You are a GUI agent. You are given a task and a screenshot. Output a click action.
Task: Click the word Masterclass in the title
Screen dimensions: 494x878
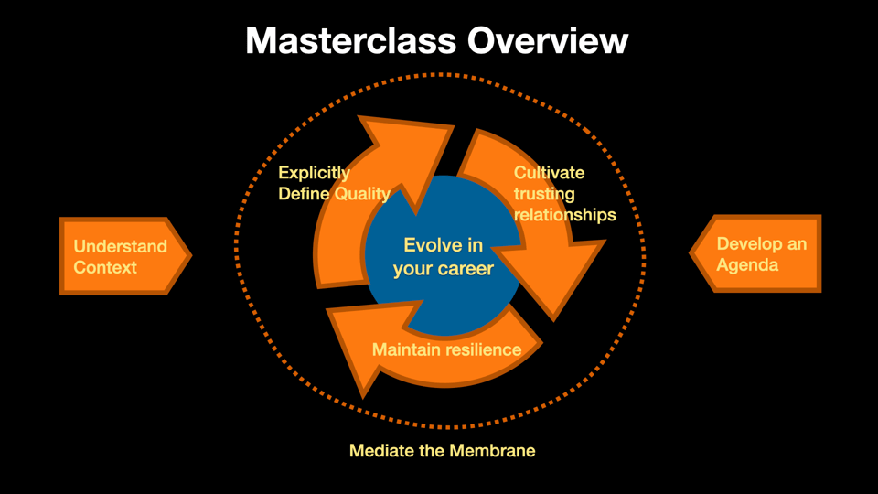click(x=352, y=41)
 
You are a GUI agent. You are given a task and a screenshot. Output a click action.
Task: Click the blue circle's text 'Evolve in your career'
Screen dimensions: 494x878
click(x=444, y=256)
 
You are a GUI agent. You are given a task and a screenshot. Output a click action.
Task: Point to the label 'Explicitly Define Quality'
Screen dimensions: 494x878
click(x=334, y=183)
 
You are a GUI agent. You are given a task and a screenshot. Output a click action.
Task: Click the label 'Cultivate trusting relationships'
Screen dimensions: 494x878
click(x=564, y=194)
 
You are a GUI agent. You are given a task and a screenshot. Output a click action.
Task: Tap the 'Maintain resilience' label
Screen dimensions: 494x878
click(x=446, y=349)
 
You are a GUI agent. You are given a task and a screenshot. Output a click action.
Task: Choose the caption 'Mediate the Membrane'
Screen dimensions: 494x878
click(x=442, y=450)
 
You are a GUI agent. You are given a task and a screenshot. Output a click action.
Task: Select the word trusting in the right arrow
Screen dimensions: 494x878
click(x=544, y=194)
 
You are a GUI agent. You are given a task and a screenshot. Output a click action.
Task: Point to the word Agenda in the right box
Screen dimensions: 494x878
click(x=747, y=265)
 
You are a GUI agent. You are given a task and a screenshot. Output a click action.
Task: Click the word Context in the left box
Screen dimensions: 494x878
click(x=105, y=267)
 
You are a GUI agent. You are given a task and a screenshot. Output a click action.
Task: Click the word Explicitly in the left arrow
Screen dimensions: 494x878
click(x=314, y=172)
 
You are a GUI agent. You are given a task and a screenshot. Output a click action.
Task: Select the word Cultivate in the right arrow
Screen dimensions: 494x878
click(x=549, y=172)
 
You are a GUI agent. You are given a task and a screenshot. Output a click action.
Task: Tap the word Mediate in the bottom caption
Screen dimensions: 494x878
click(x=379, y=450)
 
